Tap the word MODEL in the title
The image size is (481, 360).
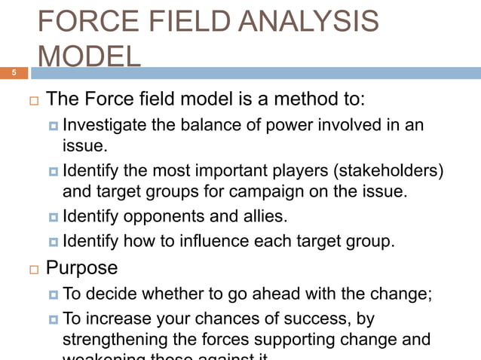88,57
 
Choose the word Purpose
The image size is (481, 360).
81,268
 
